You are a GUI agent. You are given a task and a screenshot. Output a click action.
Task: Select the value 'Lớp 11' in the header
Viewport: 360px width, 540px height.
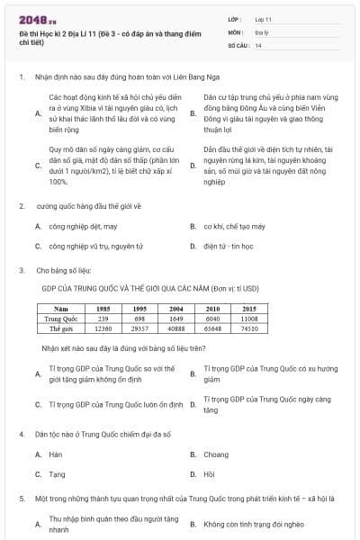click(x=264, y=18)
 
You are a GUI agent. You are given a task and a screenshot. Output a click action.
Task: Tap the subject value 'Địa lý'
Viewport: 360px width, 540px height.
click(x=262, y=31)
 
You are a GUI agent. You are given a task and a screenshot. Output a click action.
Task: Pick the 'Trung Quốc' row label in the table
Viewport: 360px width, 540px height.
click(x=62, y=319)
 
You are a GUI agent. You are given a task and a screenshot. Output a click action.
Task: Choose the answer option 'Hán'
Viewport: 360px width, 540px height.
click(x=55, y=454)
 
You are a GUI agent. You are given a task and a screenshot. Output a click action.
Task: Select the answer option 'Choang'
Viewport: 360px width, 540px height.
click(x=216, y=454)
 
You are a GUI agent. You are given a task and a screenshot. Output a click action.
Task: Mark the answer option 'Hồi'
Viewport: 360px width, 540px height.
click(x=210, y=473)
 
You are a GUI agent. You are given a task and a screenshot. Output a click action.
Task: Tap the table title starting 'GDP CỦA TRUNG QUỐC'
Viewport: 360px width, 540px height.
click(x=150, y=289)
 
